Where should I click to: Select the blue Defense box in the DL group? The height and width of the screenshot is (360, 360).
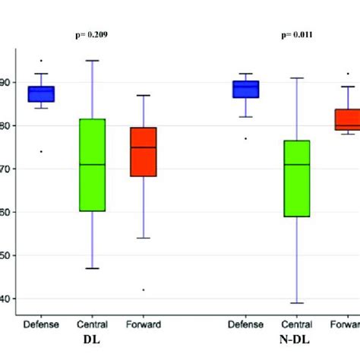point(41,93)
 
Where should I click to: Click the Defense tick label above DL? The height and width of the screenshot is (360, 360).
point(41,324)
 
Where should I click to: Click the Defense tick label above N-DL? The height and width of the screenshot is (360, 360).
point(245,324)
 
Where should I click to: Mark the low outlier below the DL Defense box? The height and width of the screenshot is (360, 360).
point(41,151)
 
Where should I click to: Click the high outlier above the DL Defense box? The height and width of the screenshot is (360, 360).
point(41,61)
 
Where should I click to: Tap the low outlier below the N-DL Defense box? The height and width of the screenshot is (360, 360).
point(245,138)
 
